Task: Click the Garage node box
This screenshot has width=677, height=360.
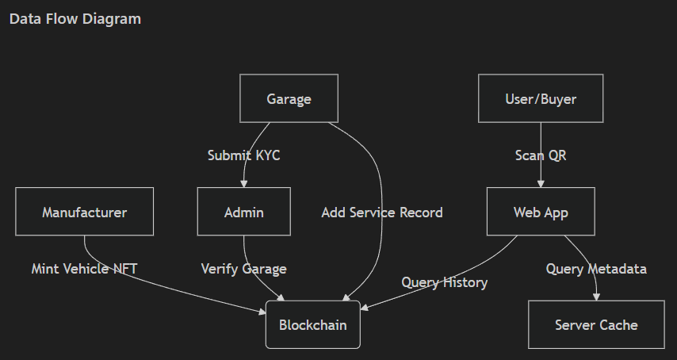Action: point(289,98)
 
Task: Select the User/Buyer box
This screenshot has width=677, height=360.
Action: point(541,98)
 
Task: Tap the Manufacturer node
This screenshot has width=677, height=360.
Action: point(84,212)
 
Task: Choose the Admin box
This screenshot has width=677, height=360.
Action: point(243,212)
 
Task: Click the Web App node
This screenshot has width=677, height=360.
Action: point(541,212)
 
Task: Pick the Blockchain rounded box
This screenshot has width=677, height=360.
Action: point(312,325)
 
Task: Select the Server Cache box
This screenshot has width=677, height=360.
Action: point(596,325)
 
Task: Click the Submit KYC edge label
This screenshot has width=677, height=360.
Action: point(243,155)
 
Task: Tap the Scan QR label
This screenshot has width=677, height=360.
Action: point(541,155)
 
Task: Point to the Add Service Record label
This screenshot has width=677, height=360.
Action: point(382,213)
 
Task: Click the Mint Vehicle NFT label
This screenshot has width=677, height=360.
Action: point(84,269)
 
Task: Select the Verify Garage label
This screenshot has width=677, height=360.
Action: point(243,269)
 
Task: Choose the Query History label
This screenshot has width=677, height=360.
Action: point(444,282)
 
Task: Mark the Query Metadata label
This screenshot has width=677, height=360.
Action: point(596,269)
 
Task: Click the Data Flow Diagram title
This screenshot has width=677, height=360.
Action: point(75,19)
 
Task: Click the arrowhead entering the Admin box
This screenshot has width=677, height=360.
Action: point(243,184)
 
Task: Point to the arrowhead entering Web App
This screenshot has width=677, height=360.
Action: point(541,184)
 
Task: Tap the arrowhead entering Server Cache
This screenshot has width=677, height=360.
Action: point(596,297)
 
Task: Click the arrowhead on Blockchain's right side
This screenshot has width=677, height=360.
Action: point(364,307)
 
